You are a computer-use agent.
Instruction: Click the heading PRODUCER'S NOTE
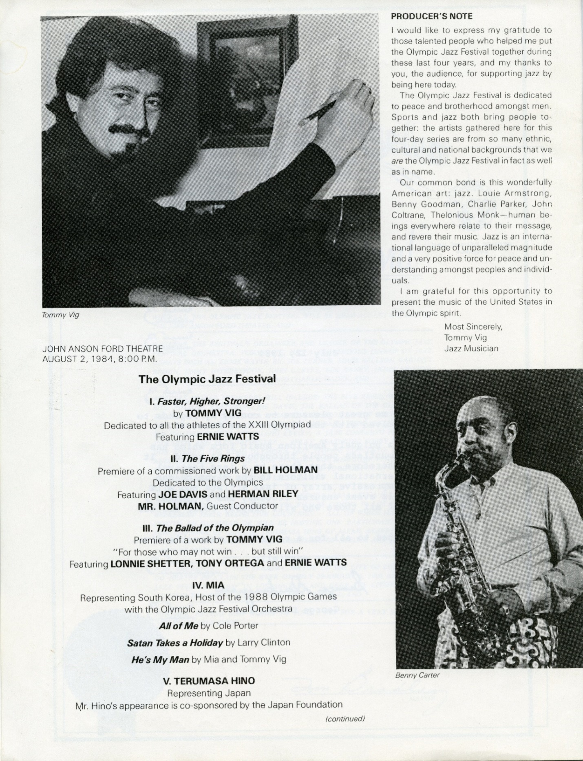click(x=432, y=17)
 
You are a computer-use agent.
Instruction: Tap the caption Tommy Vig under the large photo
click(x=61, y=315)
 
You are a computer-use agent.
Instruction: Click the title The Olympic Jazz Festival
click(x=207, y=379)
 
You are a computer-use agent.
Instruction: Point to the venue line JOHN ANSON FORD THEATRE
click(x=102, y=349)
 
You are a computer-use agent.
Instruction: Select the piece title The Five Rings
click(x=213, y=458)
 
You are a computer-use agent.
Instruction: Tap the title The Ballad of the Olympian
click(x=214, y=528)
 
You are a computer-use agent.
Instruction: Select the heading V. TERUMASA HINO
click(x=209, y=681)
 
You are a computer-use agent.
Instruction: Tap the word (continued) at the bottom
click(x=344, y=719)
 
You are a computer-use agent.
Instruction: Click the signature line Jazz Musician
click(x=471, y=348)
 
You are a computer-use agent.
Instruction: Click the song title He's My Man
click(x=160, y=660)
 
